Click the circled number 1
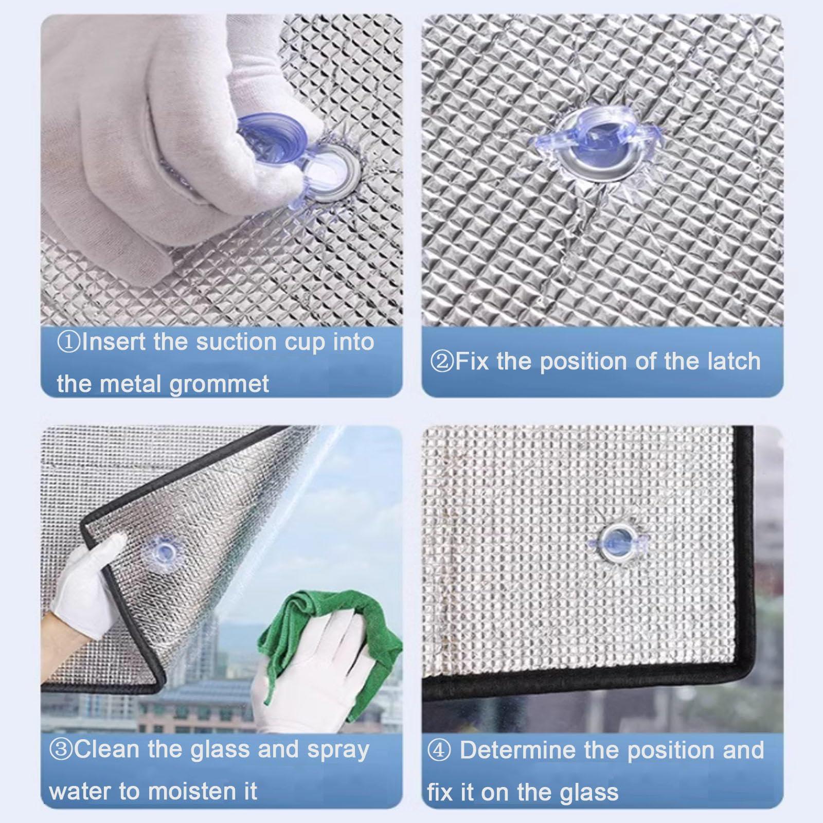[68, 342]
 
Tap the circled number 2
[442, 362]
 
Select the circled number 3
[61, 749]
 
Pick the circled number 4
[439, 750]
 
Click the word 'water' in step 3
[81, 791]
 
